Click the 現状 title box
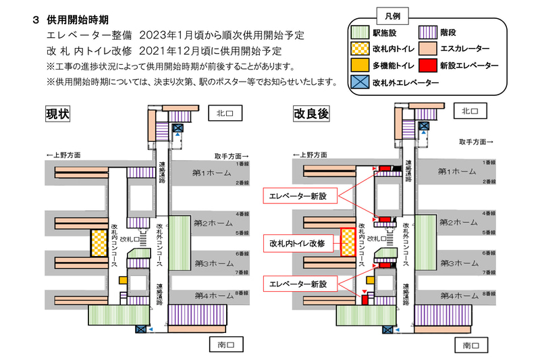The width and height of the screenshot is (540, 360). point(59,113)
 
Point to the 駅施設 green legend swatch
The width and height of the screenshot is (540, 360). point(360,31)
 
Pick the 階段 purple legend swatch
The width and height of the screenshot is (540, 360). point(427,31)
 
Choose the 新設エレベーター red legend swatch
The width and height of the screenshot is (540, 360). point(427,65)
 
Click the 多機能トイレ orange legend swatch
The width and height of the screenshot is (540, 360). point(360,65)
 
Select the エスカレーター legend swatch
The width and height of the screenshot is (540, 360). point(427,48)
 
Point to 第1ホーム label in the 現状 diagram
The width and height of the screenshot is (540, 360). point(213,172)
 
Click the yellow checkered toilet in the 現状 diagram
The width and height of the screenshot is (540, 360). point(99,243)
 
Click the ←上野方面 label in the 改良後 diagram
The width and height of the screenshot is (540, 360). point(315,155)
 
